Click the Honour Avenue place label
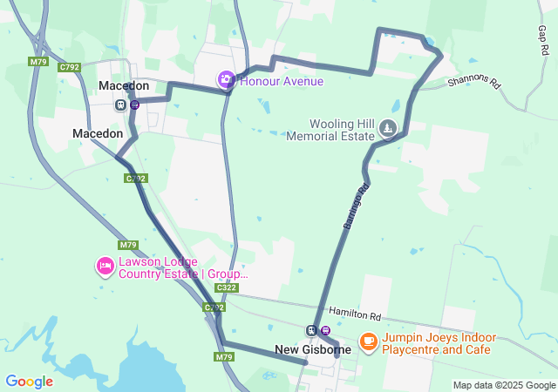coord(281,81)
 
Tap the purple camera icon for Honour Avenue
coord(226,80)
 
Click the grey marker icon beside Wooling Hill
coord(388,129)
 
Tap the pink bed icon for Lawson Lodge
coord(105,265)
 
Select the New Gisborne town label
coord(313,349)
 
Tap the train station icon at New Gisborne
coord(310,330)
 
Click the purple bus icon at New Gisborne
coord(325,330)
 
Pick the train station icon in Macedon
coord(120,105)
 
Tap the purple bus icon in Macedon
coord(135,105)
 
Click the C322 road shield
coord(226,287)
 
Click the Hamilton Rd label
coord(355,314)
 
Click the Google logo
coord(29,382)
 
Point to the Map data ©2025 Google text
coord(503,385)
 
